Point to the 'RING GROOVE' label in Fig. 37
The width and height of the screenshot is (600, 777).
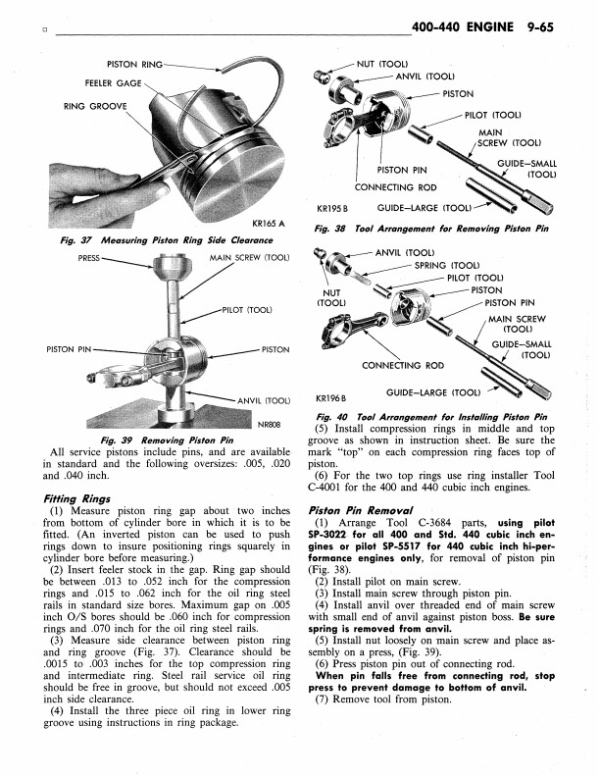click(95, 105)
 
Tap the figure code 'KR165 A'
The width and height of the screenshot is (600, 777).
click(268, 222)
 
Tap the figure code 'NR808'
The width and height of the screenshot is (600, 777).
click(270, 424)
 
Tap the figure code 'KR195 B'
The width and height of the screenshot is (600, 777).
click(334, 208)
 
